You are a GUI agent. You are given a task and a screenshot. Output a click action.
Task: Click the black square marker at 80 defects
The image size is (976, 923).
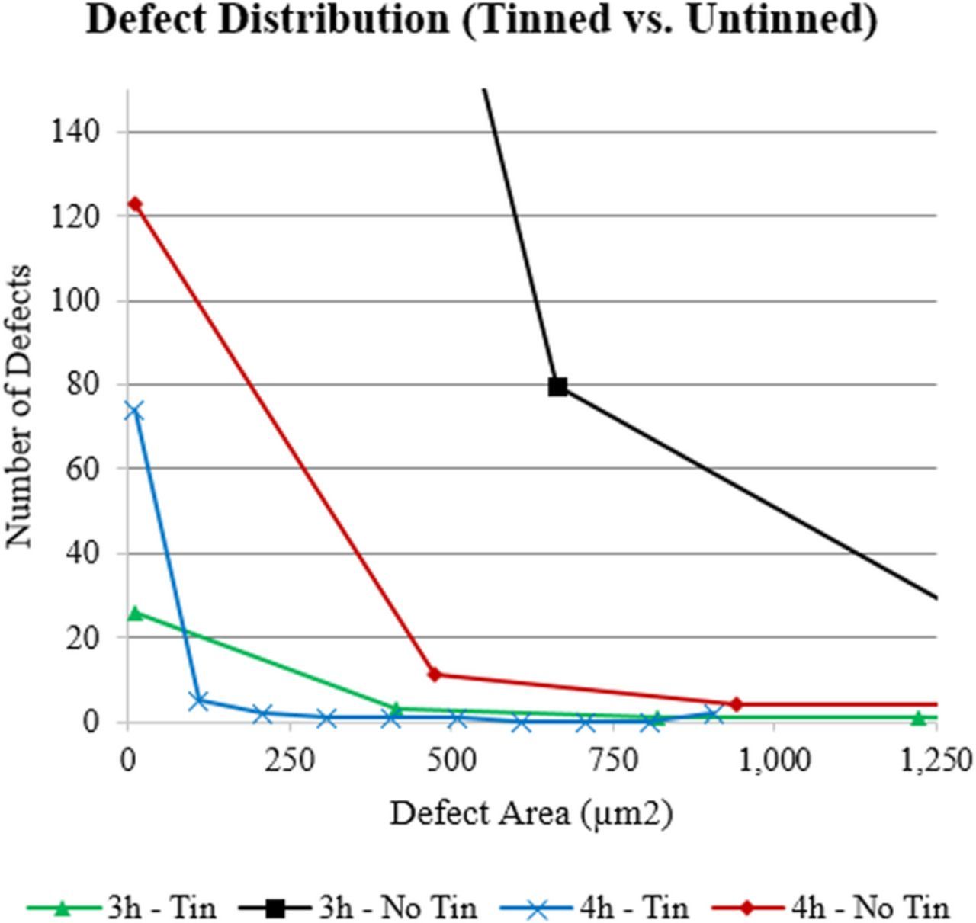pyautogui.click(x=558, y=386)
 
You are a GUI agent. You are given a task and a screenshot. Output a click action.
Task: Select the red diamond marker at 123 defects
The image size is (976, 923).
pyautogui.click(x=135, y=204)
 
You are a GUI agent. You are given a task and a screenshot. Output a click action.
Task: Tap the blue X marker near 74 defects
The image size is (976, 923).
pyautogui.click(x=133, y=412)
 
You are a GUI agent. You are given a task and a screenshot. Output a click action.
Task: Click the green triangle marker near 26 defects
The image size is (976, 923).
pyautogui.click(x=136, y=613)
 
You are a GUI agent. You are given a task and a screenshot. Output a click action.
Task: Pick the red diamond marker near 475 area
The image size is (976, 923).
pyautogui.click(x=435, y=675)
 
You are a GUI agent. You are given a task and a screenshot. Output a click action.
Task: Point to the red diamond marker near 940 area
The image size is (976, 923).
pyautogui.click(x=736, y=704)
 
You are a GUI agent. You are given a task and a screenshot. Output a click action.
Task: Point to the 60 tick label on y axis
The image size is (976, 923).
pyautogui.click(x=83, y=469)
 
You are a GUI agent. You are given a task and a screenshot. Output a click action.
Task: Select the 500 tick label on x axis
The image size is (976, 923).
pyautogui.click(x=451, y=761)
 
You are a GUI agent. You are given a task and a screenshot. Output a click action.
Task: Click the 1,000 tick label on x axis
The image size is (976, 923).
pyautogui.click(x=775, y=761)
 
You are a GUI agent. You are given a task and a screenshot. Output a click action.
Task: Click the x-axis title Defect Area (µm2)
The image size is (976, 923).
pyautogui.click(x=531, y=814)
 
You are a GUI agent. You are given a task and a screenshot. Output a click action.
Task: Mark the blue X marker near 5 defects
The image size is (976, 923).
pyautogui.click(x=199, y=700)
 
